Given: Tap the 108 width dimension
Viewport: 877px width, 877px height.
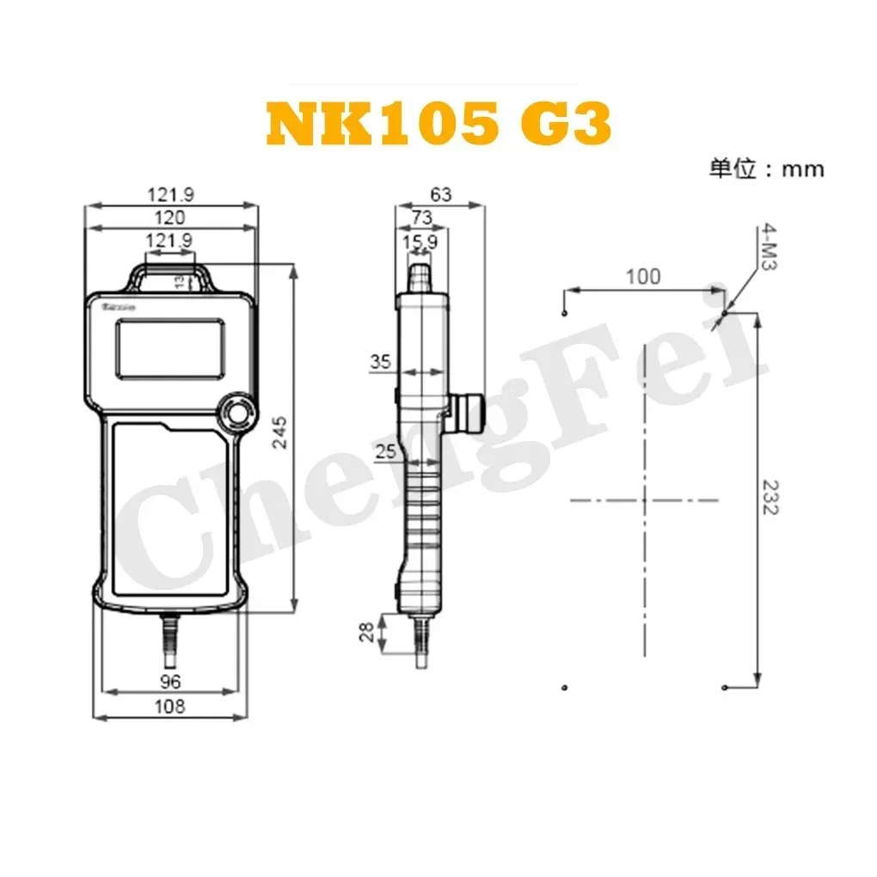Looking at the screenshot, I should click(x=170, y=706).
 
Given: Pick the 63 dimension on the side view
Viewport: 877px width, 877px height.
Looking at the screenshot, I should click(x=441, y=195).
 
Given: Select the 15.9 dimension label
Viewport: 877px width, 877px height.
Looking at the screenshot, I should click(x=420, y=242).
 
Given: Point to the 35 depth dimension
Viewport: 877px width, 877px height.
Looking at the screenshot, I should click(x=381, y=362).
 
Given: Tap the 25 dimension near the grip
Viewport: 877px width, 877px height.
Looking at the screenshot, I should click(x=386, y=451).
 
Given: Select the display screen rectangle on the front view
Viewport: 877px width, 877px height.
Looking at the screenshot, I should click(x=169, y=349).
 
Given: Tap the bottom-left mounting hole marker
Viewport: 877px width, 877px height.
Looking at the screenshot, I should click(x=564, y=687).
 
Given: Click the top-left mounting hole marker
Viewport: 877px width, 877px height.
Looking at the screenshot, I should click(x=563, y=314).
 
